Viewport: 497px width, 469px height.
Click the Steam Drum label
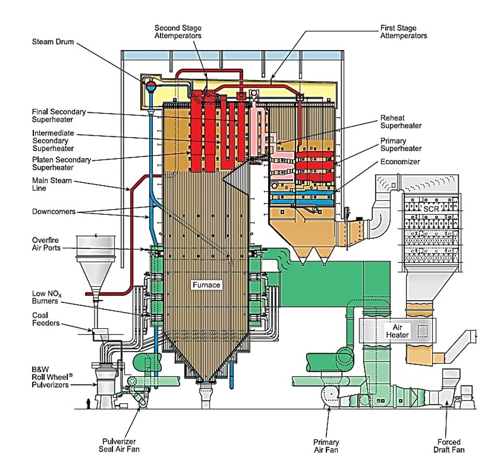[53, 42]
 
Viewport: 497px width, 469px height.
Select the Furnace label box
[206, 285]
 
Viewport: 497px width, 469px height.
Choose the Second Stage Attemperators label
[178, 32]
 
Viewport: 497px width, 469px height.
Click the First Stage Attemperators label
[403, 32]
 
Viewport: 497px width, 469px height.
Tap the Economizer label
[400, 162]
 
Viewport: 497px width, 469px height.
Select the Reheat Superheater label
[400, 122]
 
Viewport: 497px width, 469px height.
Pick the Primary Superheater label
[400, 144]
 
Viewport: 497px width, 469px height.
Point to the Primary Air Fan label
[326, 446]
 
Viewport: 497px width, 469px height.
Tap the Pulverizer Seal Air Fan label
[119, 445]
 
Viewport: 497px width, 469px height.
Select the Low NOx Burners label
[46, 297]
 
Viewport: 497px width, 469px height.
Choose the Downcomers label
[54, 211]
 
